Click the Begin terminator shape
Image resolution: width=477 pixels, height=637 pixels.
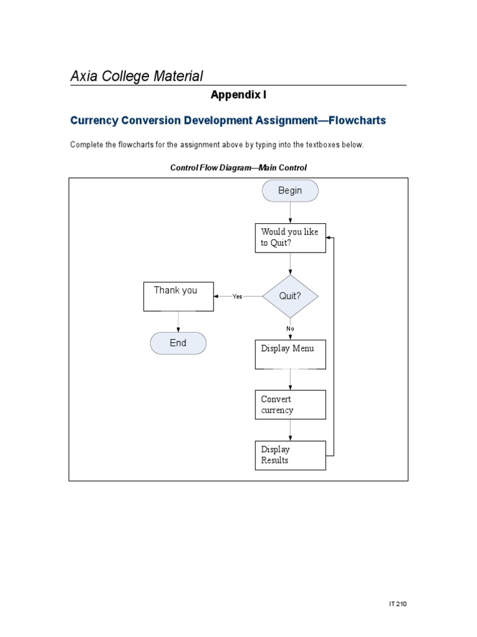pos(290,191)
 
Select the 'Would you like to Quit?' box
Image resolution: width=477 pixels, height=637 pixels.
pos(290,238)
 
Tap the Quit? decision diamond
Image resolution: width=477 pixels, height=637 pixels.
pos(290,296)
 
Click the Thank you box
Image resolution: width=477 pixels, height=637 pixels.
pos(179,296)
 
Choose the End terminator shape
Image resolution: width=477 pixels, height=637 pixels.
pos(178,343)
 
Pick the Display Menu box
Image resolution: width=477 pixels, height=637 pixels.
pos(290,354)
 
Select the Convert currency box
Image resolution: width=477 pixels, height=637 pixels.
pos(290,405)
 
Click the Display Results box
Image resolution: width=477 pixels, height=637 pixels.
pos(290,455)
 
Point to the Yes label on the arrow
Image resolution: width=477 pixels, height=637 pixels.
pos(237,297)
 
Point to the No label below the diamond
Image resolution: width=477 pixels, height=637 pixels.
pos(290,328)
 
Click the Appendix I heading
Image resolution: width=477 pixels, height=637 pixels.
pos(238,95)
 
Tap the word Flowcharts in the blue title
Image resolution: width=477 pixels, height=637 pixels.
pos(357,120)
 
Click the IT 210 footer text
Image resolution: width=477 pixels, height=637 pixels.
pos(397,604)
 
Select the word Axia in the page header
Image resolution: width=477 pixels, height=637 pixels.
pos(83,77)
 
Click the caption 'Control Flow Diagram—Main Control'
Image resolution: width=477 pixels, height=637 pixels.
pos(238,167)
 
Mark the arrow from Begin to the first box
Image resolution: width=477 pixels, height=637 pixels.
pos(290,213)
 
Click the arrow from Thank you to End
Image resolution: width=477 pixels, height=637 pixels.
pos(179,322)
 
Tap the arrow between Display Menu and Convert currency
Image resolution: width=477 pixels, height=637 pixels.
pos(290,379)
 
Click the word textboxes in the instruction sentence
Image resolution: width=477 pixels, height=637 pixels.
pos(312,145)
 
